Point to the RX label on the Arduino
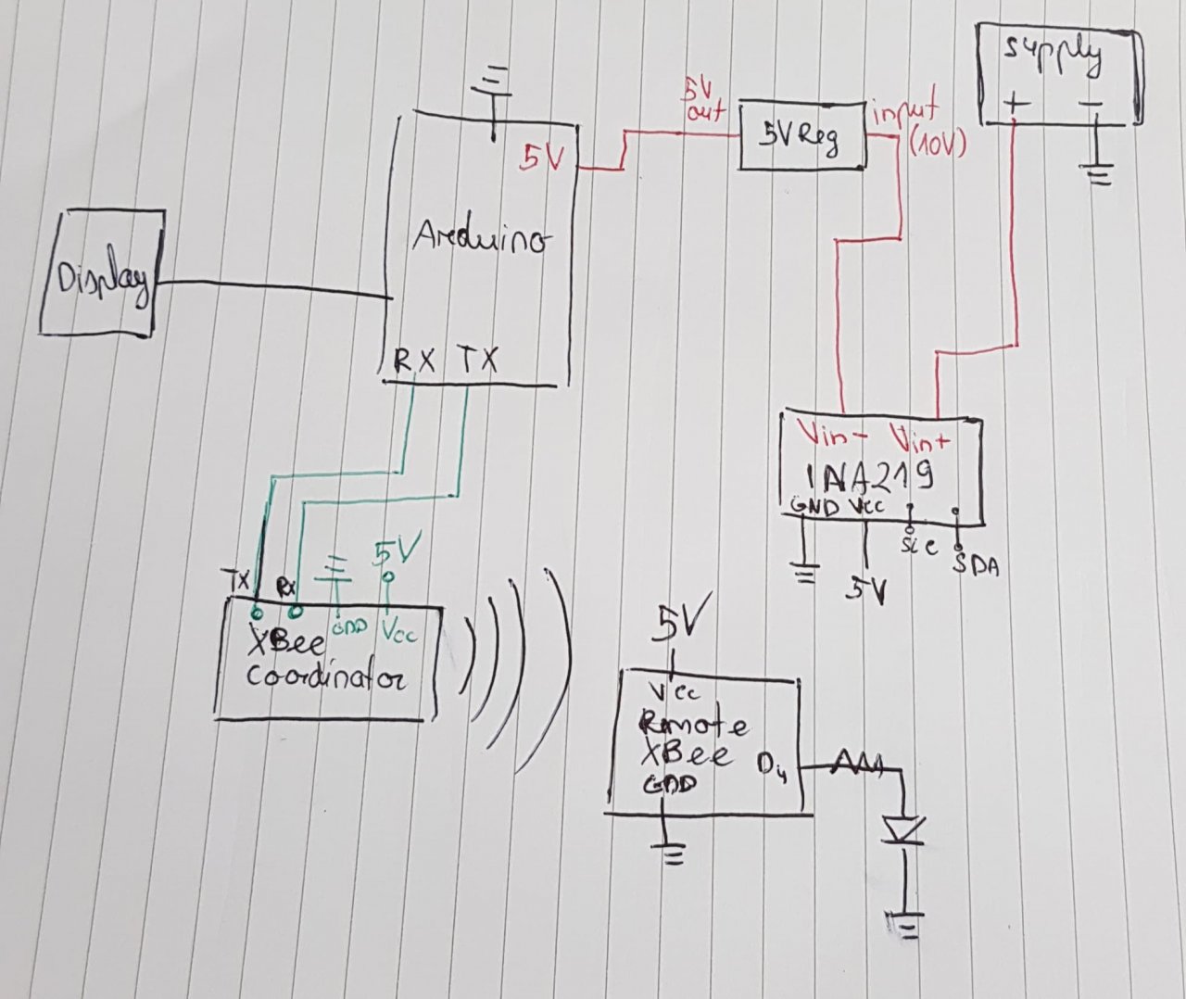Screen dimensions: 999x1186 point(414,360)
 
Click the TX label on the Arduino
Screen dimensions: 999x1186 point(477,360)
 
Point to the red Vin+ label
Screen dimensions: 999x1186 point(920,435)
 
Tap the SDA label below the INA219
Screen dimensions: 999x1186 point(976,565)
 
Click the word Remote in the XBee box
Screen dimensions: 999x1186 point(695,724)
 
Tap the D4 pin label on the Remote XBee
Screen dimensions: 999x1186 point(772,765)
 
